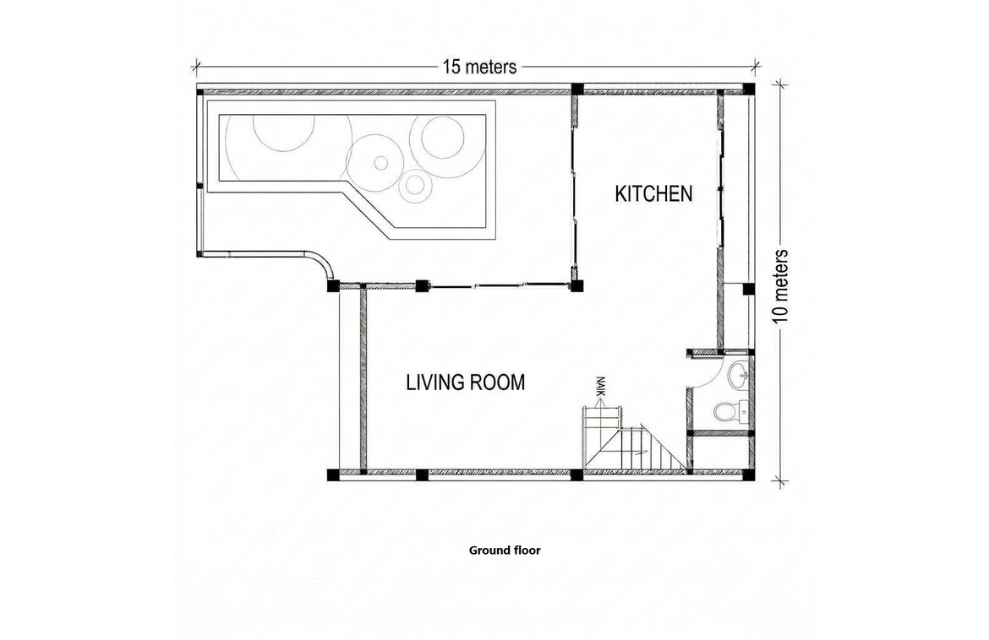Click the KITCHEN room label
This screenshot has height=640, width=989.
653,193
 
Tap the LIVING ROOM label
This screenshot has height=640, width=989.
466,382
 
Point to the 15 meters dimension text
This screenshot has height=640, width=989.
479,66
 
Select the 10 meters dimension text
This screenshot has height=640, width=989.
781,286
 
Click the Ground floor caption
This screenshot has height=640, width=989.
505,550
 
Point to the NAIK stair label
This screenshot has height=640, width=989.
600,386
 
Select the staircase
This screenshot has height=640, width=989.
634,439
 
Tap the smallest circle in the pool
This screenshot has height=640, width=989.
380,163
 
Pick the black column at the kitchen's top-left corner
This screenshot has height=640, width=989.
576,89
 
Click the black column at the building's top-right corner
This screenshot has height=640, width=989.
749,89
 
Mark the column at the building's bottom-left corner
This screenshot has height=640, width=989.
334,475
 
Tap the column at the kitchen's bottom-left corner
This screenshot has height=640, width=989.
576,285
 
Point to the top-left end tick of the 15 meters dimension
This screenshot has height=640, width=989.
196,65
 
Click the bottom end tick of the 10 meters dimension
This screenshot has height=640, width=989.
781,483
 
